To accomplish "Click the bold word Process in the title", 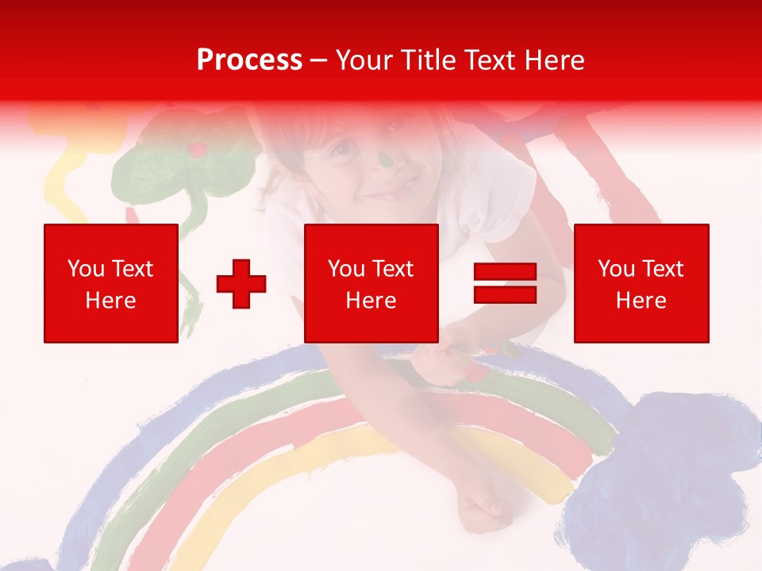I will tap(249, 60).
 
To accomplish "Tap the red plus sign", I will tap(241, 284).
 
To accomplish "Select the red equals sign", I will tap(505, 283).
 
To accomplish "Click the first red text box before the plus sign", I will tap(111, 283).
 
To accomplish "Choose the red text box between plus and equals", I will tap(371, 283).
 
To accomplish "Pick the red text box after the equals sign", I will tap(641, 283).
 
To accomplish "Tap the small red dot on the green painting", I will tap(198, 148).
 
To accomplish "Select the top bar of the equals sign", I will tap(505, 273).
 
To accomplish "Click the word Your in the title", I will tap(363, 60).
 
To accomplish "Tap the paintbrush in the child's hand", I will tap(476, 361).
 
